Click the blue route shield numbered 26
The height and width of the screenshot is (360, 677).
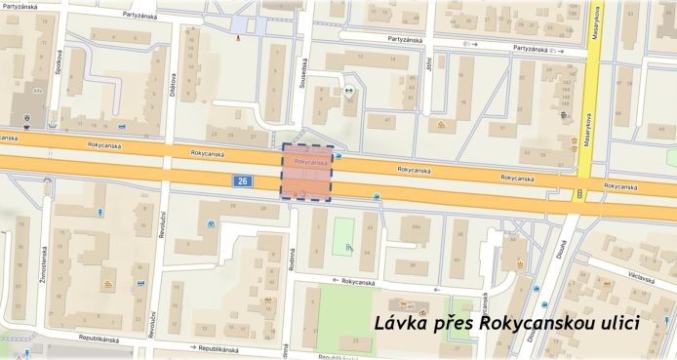[x=241, y=181]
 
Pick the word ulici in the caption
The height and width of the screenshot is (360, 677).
[x=618, y=324]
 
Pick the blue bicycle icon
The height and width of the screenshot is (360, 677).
[x=211, y=223]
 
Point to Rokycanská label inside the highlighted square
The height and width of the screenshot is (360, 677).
[x=309, y=161]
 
